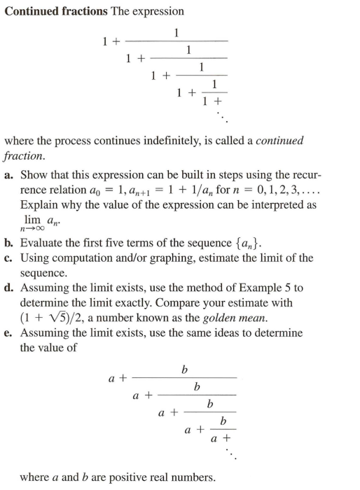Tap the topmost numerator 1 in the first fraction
coord(176,32)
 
